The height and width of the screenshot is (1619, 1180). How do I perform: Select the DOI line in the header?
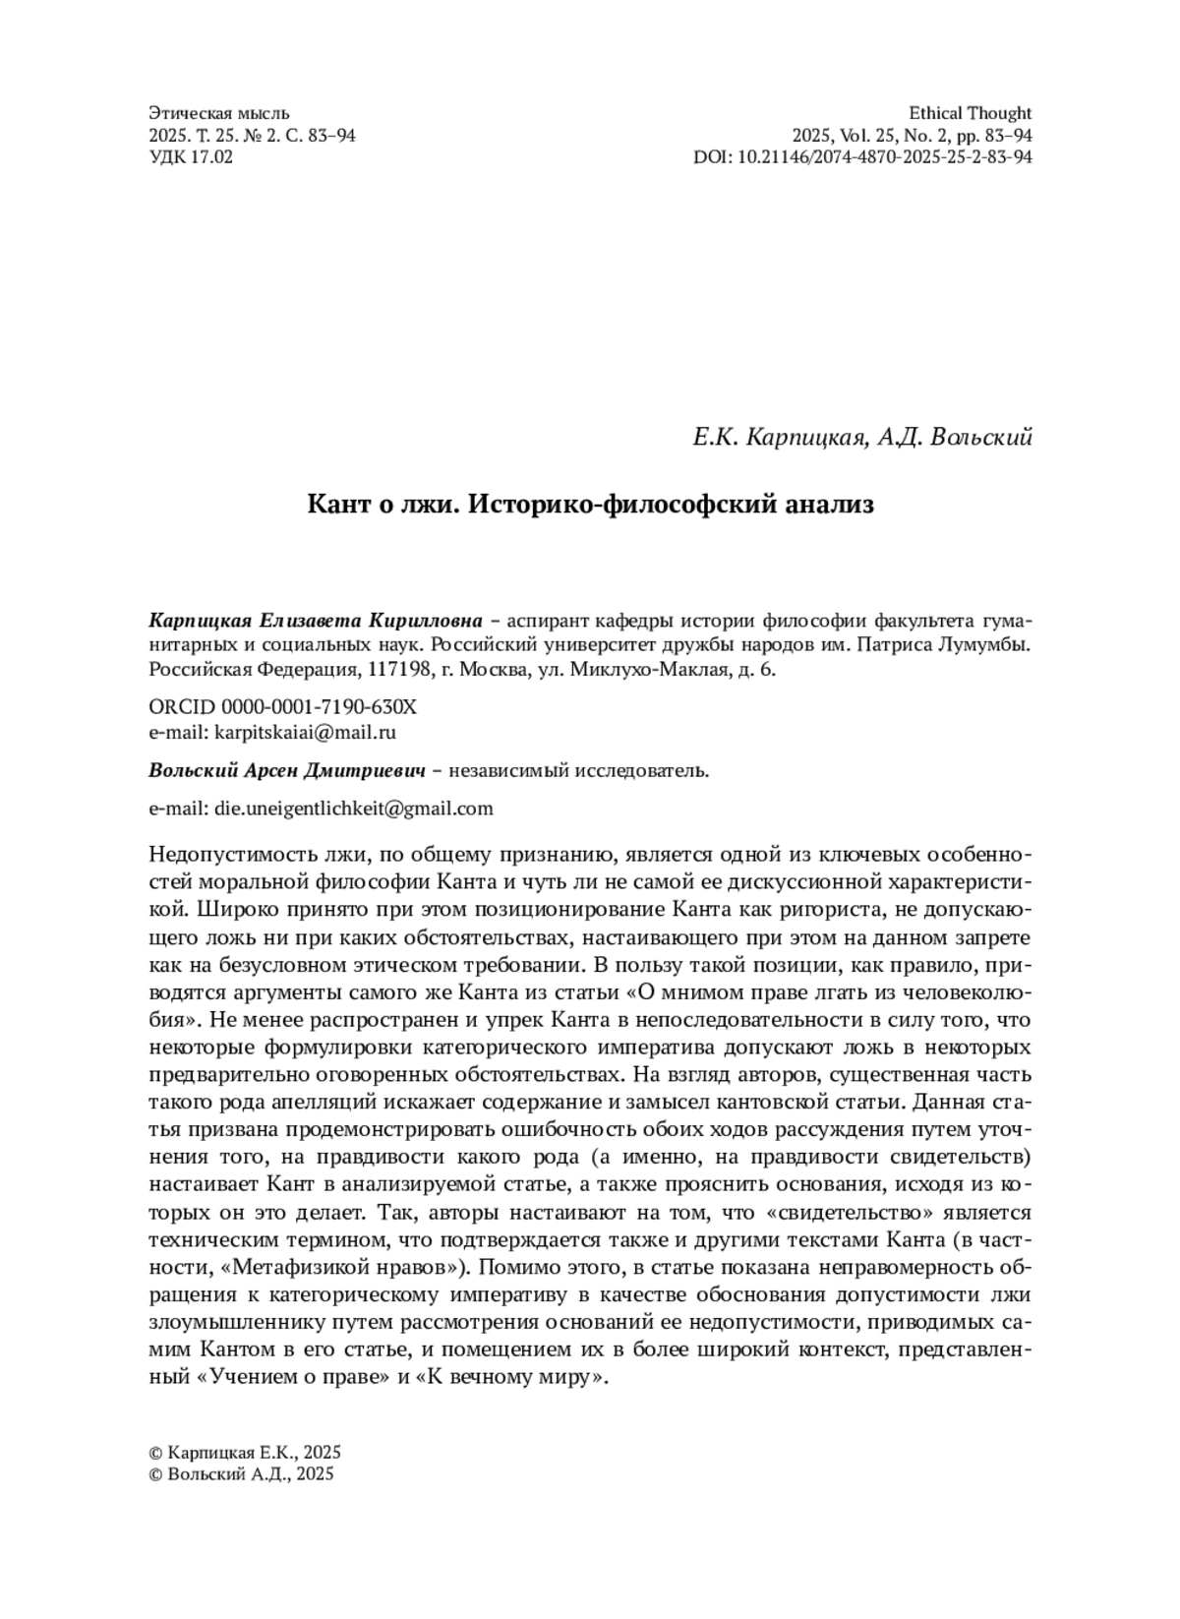(862, 156)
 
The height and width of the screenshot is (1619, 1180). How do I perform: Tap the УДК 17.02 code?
(191, 156)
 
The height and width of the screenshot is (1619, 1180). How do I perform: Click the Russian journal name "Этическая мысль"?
(218, 113)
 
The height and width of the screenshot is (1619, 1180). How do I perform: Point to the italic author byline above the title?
(861, 437)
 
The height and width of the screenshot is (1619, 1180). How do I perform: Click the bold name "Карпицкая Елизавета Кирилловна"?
(315, 622)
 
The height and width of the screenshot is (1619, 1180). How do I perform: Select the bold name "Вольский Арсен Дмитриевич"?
(287, 771)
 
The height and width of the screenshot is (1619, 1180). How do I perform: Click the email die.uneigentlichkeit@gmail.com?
(353, 809)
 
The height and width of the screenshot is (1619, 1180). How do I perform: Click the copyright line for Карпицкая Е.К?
(244, 1453)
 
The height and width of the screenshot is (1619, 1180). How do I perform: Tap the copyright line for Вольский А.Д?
(241, 1474)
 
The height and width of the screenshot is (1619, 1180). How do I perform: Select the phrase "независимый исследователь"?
(578, 771)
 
